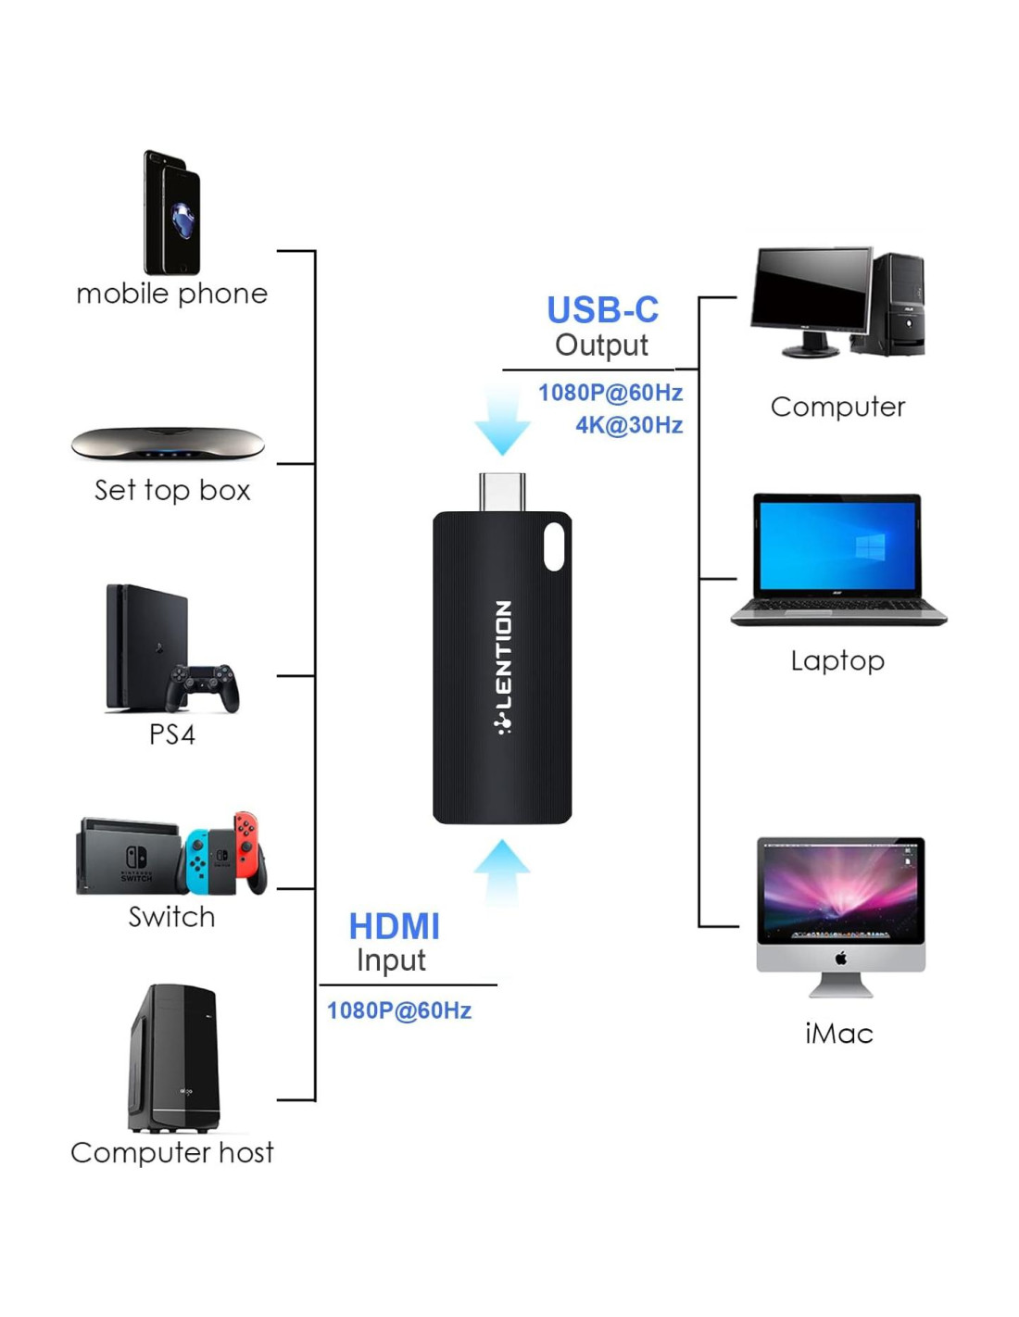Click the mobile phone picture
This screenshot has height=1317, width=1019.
(x=172, y=213)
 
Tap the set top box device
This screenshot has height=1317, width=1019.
(x=168, y=444)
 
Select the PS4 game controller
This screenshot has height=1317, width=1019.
(x=203, y=687)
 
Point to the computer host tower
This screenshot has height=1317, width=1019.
(x=175, y=1058)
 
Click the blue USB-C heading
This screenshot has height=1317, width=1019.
(x=602, y=310)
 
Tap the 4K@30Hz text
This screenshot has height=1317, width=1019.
(x=629, y=425)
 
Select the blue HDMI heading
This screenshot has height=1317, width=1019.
(x=394, y=926)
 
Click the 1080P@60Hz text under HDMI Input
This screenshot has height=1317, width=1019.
(x=399, y=1010)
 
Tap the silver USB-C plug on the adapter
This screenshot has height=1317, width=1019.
(x=502, y=491)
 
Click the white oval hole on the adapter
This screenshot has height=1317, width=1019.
(x=554, y=546)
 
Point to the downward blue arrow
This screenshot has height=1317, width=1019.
(x=502, y=421)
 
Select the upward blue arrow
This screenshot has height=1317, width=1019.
(x=501, y=871)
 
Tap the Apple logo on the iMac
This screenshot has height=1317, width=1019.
(x=841, y=958)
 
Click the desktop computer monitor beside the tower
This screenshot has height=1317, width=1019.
(x=811, y=292)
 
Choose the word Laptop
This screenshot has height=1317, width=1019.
(x=837, y=660)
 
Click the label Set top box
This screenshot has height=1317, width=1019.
(x=172, y=490)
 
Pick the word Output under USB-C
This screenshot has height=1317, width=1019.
(x=601, y=345)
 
